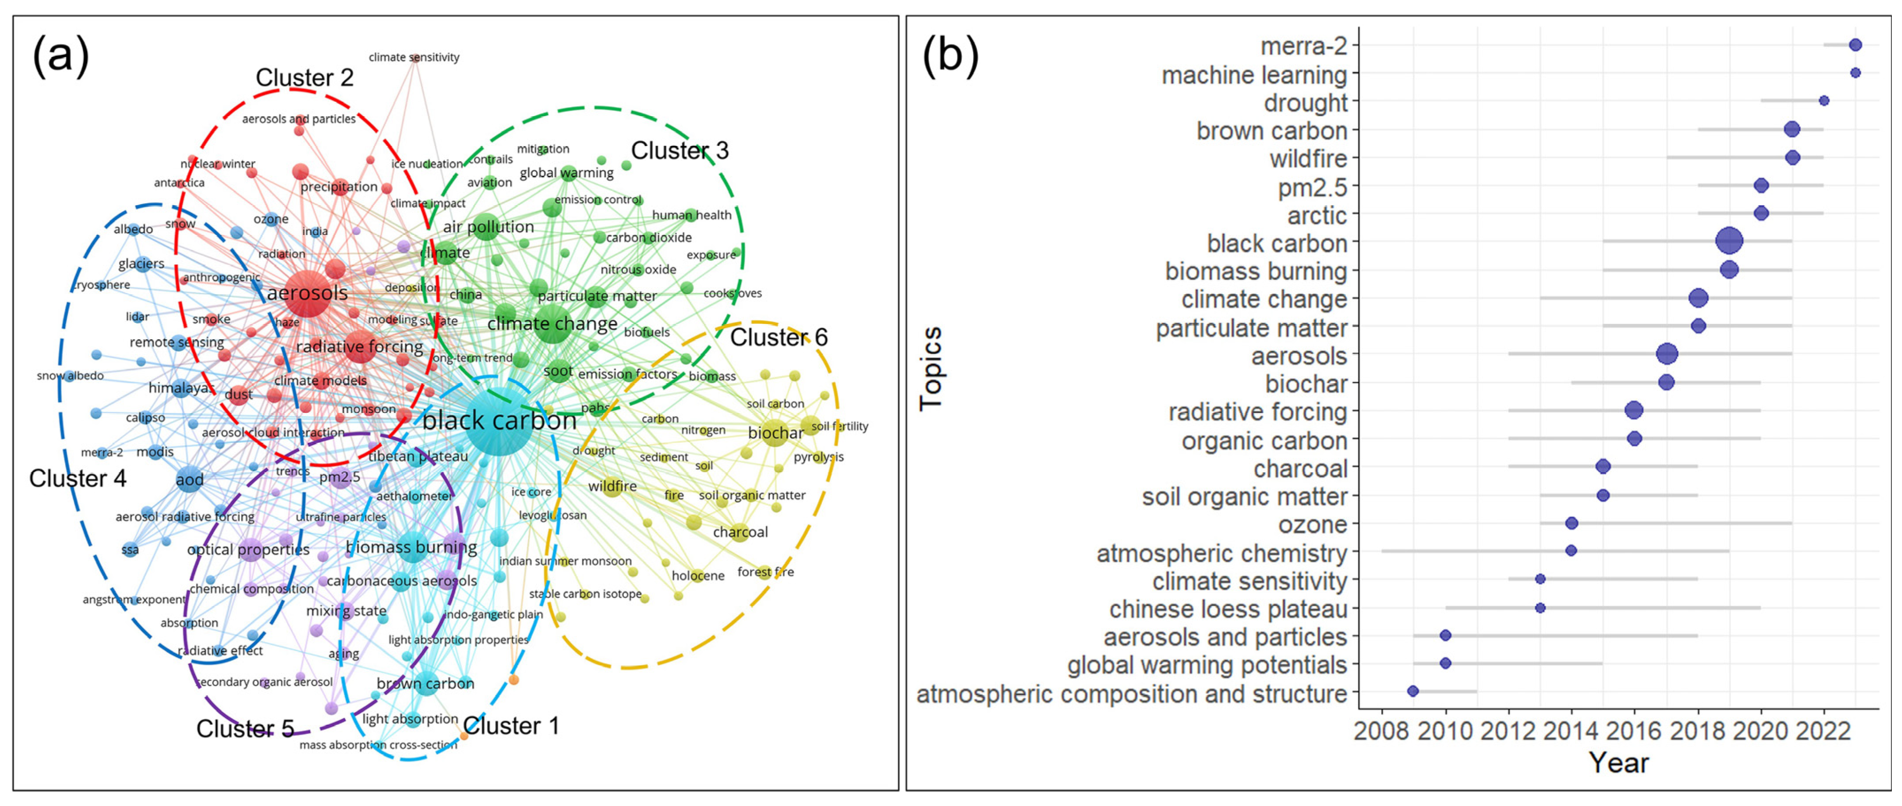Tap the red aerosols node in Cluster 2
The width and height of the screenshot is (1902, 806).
point(308,293)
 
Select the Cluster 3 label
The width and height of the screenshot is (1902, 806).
point(679,151)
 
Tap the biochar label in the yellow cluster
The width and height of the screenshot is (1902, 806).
point(775,433)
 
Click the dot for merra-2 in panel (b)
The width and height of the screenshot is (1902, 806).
point(1855,45)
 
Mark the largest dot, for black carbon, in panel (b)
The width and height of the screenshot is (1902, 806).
point(1729,241)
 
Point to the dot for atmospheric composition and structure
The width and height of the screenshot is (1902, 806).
point(1413,691)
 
